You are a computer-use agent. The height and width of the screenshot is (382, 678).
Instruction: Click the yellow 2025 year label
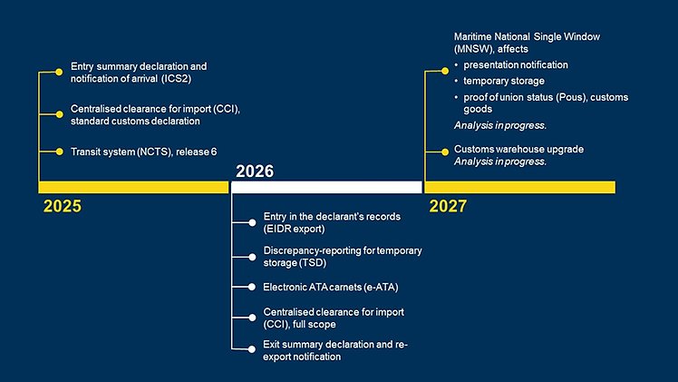63,206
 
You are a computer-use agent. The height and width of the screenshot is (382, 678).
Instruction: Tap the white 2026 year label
255,171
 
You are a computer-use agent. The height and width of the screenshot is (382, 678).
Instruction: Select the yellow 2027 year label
448,206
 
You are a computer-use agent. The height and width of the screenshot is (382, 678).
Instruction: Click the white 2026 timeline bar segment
326,187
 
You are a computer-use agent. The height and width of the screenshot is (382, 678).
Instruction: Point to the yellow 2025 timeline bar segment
133,187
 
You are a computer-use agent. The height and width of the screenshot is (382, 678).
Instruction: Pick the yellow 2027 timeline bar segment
519,187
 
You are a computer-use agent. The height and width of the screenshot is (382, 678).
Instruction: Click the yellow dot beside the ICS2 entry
59,72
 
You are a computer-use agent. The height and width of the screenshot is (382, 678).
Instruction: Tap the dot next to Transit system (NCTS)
59,152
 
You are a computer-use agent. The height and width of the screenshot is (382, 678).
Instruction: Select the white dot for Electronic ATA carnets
252,287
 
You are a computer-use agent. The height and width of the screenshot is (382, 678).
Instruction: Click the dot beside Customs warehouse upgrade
445,152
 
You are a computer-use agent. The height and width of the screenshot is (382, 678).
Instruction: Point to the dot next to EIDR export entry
252,222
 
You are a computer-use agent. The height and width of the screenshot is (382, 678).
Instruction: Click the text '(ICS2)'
176,79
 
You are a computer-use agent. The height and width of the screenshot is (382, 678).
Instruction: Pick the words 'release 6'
197,152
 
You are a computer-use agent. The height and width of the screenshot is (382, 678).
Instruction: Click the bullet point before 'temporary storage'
456,81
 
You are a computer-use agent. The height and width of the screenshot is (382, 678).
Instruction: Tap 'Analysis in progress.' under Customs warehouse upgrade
500,162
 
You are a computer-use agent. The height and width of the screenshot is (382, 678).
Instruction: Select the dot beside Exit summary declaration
252,349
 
